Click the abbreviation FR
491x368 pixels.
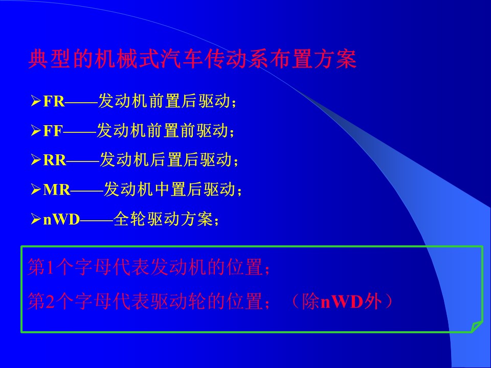coord(54,101)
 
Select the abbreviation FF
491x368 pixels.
coord(53,131)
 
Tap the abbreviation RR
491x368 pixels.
coord(55,160)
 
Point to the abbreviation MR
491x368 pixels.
coord(57,190)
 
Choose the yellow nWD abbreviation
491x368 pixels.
coord(62,219)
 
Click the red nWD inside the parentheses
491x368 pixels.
coord(342,302)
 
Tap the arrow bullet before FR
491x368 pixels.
coord(36,101)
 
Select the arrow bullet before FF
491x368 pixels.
coord(36,131)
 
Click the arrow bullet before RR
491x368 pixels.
coord(36,160)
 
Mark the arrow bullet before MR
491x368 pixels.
coord(36,190)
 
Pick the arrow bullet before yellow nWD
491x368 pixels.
coord(36,219)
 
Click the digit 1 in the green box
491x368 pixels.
coord(51,267)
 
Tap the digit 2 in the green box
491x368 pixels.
coord(51,302)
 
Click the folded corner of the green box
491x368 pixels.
coord(477,327)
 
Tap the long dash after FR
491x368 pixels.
coord(81,102)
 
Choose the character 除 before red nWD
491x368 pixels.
coord(311,302)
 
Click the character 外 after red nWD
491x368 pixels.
coord(373,302)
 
